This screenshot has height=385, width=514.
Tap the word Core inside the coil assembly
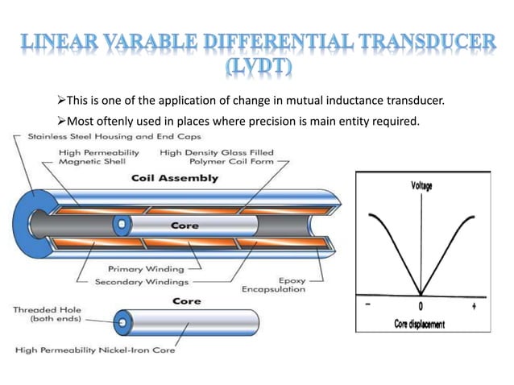184,226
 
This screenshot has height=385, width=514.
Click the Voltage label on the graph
417,186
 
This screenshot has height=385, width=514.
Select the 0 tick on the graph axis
420,307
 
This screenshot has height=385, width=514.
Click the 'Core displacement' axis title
418,324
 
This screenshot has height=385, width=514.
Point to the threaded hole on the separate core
122,322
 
